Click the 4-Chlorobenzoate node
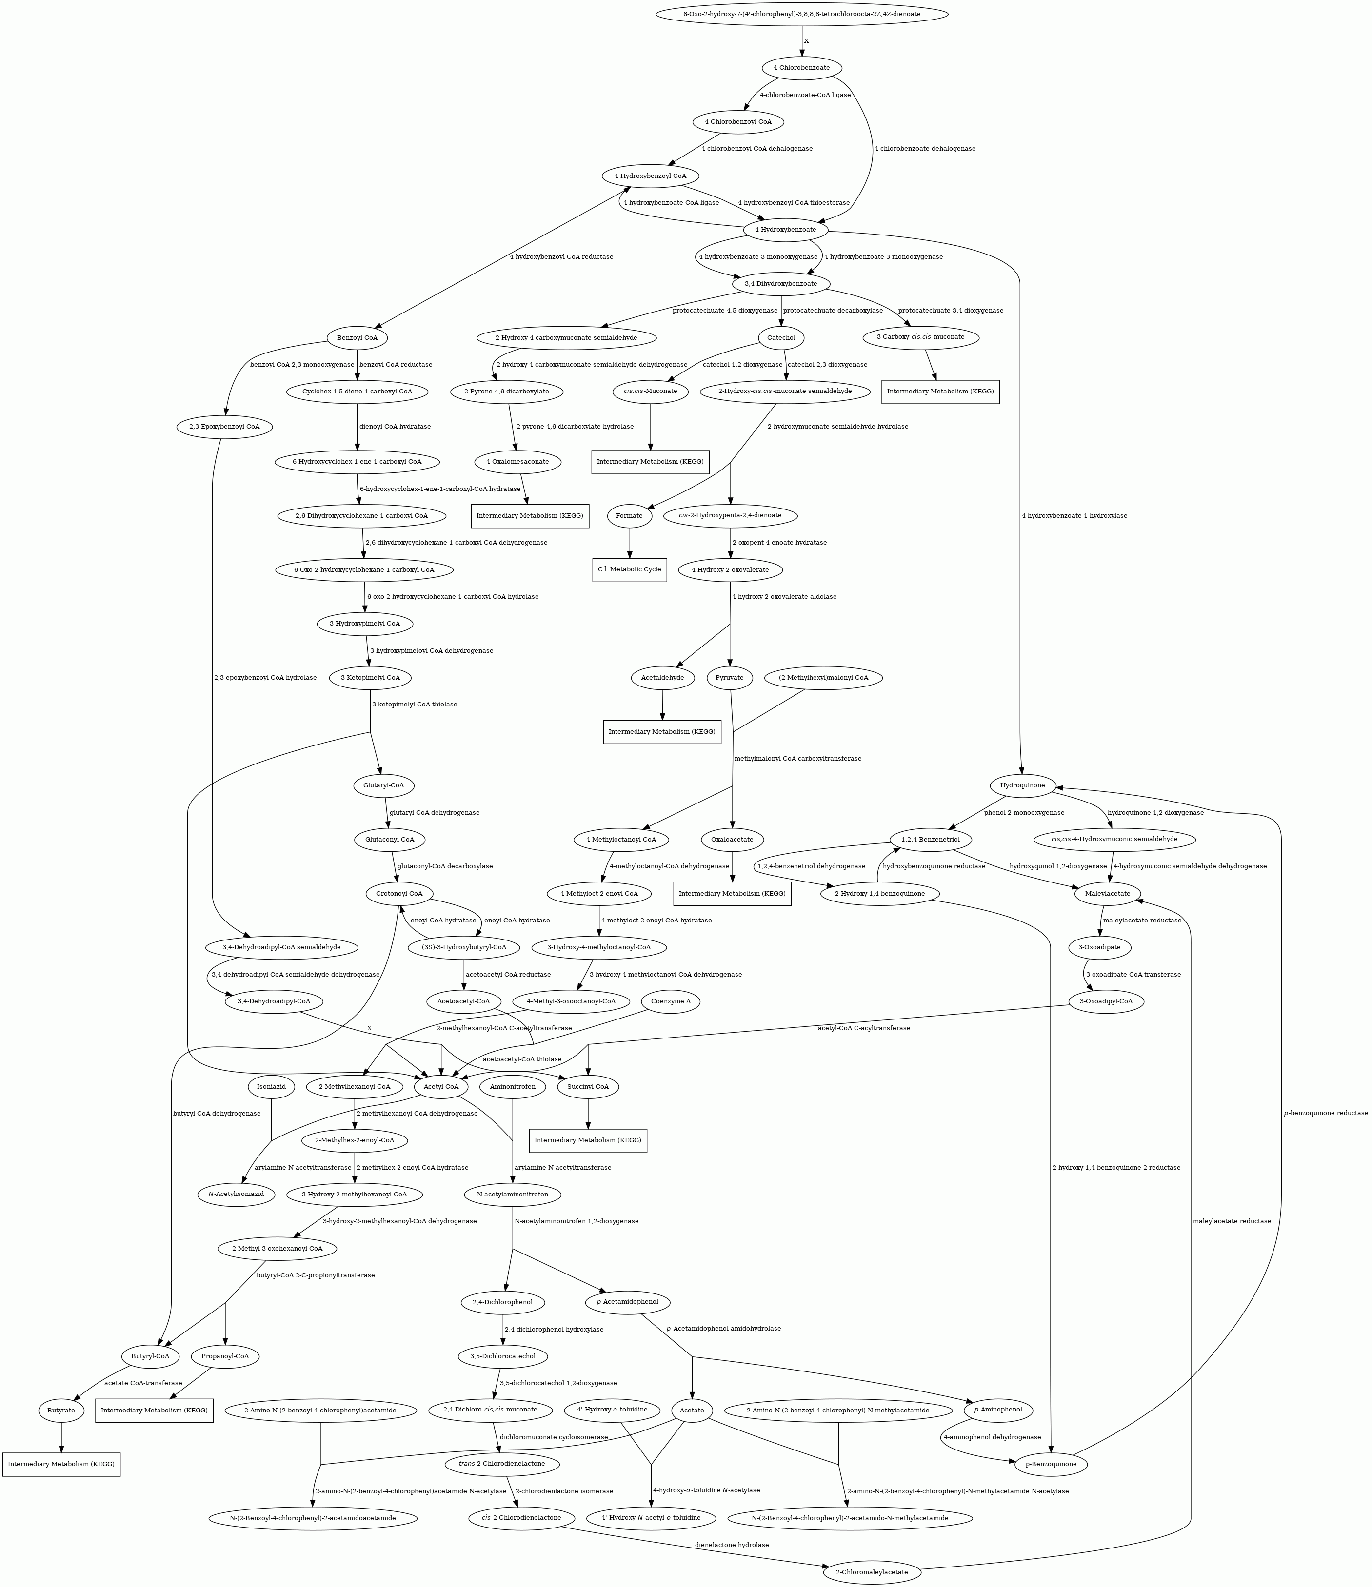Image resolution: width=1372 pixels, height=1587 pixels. [801, 68]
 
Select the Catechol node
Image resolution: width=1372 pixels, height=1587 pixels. [781, 338]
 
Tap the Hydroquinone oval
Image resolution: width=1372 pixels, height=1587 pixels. [1023, 785]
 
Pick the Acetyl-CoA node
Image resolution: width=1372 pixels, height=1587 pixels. [440, 1087]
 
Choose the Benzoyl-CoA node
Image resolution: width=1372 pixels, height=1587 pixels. [358, 338]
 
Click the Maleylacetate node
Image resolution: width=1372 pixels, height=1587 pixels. [1108, 894]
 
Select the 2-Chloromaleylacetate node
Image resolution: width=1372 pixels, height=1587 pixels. [872, 1572]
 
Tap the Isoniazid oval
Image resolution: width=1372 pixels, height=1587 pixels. [271, 1087]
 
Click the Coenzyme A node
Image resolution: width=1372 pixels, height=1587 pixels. [670, 1002]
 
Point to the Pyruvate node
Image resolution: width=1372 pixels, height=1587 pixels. [729, 678]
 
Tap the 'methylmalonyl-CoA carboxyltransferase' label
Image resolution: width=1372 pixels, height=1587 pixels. [797, 758]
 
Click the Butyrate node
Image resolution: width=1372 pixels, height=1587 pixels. [61, 1410]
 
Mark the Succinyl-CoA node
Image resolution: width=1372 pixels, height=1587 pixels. [588, 1087]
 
